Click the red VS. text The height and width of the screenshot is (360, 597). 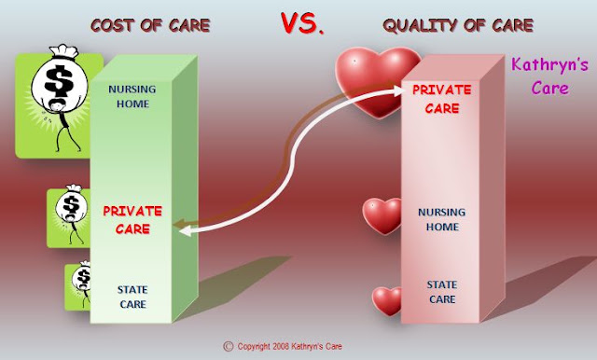click(x=302, y=23)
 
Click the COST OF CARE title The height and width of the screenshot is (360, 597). click(x=150, y=25)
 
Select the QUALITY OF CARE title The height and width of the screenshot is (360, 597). click(x=458, y=25)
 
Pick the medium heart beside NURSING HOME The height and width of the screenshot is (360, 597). click(x=382, y=215)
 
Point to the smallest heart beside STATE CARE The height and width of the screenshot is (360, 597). click(x=387, y=300)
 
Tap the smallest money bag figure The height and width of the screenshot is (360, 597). click(x=82, y=284)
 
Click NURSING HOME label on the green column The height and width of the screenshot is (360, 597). click(x=132, y=96)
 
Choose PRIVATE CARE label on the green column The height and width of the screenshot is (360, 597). click(x=132, y=220)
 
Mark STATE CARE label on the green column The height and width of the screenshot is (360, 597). click(x=132, y=297)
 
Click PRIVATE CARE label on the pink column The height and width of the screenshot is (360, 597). click(x=442, y=99)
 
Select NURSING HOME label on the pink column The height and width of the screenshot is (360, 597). click(x=441, y=219)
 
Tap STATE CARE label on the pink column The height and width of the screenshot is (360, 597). click(x=442, y=292)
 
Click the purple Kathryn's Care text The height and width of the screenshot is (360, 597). click(x=549, y=76)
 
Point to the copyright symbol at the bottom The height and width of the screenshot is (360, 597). click(x=228, y=346)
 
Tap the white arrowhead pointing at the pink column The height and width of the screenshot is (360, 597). click(x=398, y=90)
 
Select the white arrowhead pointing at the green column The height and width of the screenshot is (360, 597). click(x=186, y=230)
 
